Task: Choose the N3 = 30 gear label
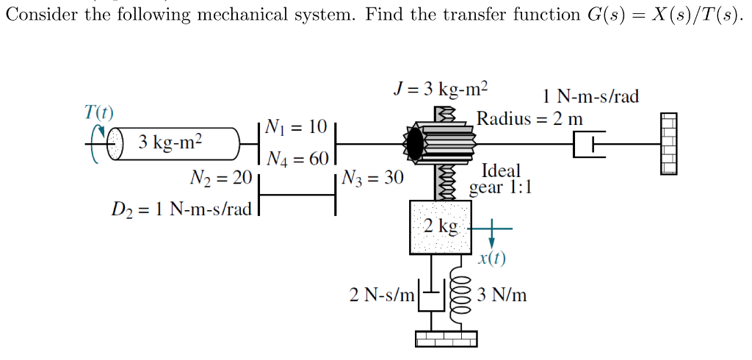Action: click(372, 178)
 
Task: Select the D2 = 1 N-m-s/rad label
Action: click(181, 209)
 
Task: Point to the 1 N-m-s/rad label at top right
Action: click(590, 96)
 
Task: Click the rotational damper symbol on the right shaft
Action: click(588, 144)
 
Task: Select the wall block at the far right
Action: click(668, 144)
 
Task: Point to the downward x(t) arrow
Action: click(492, 240)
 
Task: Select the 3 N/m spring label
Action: click(502, 295)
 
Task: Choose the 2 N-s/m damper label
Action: click(382, 295)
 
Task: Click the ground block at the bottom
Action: click(446, 338)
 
